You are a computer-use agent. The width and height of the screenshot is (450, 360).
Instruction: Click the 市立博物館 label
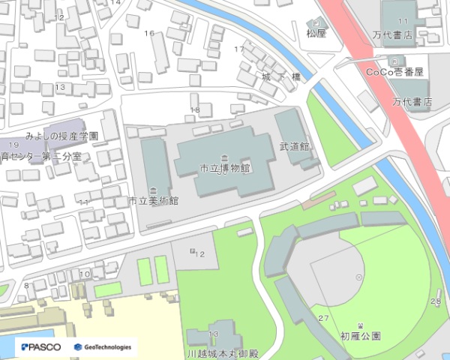[224, 168]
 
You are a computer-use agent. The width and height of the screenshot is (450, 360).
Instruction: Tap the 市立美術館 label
[153, 201]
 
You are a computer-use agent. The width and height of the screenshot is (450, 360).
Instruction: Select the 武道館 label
[294, 146]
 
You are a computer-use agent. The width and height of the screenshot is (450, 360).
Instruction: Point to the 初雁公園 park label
[360, 336]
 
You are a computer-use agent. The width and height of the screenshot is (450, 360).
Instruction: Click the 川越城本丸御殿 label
[222, 353]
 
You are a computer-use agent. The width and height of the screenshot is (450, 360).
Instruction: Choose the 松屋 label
[316, 33]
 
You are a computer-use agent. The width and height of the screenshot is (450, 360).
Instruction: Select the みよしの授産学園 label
[61, 137]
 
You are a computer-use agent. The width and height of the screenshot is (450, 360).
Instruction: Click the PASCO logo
[41, 346]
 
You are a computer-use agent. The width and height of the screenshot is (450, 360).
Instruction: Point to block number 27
[323, 319]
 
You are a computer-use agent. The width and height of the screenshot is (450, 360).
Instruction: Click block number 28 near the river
[436, 301]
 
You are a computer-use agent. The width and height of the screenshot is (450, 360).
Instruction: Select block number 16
[148, 33]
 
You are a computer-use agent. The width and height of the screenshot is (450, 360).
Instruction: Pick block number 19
[13, 144]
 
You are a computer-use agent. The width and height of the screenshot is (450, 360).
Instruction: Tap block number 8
[27, 285]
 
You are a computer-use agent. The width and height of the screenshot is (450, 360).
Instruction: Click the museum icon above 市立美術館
[153, 189]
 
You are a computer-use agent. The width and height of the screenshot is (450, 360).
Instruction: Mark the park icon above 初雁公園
[361, 325]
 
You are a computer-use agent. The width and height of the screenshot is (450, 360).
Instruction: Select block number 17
[239, 49]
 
